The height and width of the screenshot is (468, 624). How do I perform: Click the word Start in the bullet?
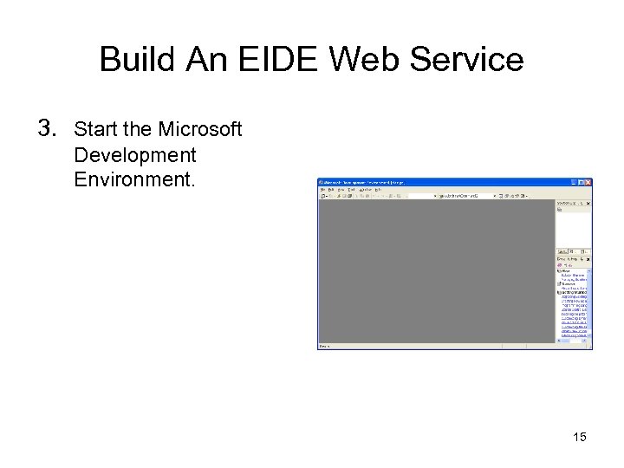pyautogui.click(x=95, y=130)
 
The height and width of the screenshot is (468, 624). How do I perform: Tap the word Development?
pyautogui.click(x=135, y=155)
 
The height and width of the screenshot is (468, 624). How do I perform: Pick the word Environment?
pyautogui.click(x=135, y=180)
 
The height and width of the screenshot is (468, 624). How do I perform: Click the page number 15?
pyautogui.click(x=579, y=437)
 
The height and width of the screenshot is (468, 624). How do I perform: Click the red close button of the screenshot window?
pyautogui.click(x=588, y=183)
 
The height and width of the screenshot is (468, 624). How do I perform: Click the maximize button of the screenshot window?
pyautogui.click(x=582, y=183)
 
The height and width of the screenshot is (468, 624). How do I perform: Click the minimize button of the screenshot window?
pyautogui.click(x=575, y=183)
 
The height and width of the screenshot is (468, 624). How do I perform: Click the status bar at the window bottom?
pyautogui.click(x=433, y=346)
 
